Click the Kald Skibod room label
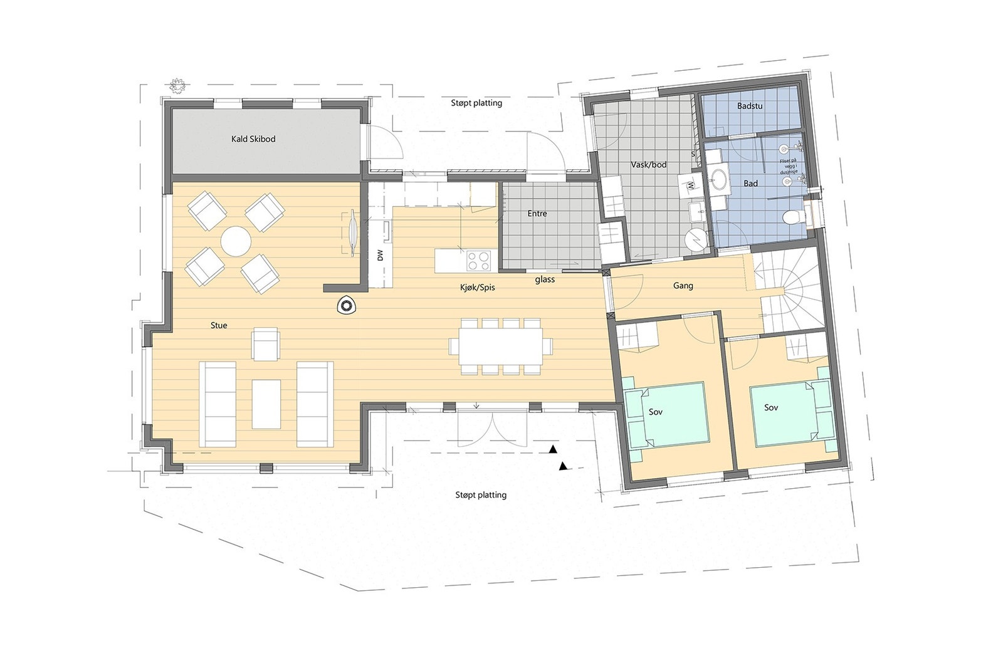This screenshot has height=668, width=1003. (x=253, y=139)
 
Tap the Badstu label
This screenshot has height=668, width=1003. (x=750, y=107)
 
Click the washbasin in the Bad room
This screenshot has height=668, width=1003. (x=720, y=180)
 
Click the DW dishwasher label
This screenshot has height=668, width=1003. (x=380, y=255)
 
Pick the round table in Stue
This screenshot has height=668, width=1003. (x=236, y=241)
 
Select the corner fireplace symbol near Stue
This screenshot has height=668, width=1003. (x=345, y=306)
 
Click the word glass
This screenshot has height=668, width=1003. (x=545, y=279)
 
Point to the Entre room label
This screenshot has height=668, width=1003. (x=537, y=214)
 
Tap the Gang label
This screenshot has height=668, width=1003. (x=683, y=286)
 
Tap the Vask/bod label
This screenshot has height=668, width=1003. (x=648, y=165)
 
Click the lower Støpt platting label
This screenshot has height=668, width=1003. (x=481, y=495)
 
